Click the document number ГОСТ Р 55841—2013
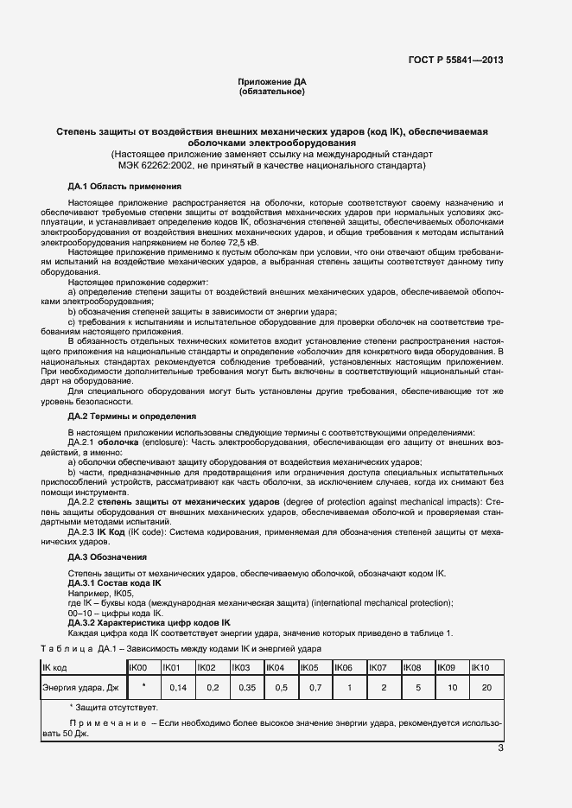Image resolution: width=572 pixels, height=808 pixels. (455, 60)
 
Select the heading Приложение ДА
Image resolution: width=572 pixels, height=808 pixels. (272, 81)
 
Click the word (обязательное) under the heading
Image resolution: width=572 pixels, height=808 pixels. (272, 91)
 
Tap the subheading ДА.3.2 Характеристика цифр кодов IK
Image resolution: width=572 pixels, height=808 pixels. (149, 622)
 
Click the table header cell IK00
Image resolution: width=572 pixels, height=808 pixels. (138, 668)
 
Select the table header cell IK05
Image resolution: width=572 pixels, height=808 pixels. (309, 668)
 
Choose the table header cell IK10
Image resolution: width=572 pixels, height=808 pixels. (480, 668)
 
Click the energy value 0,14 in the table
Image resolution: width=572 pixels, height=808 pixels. (178, 688)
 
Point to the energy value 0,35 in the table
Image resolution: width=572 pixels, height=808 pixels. (246, 688)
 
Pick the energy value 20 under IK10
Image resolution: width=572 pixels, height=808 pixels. (486, 688)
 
